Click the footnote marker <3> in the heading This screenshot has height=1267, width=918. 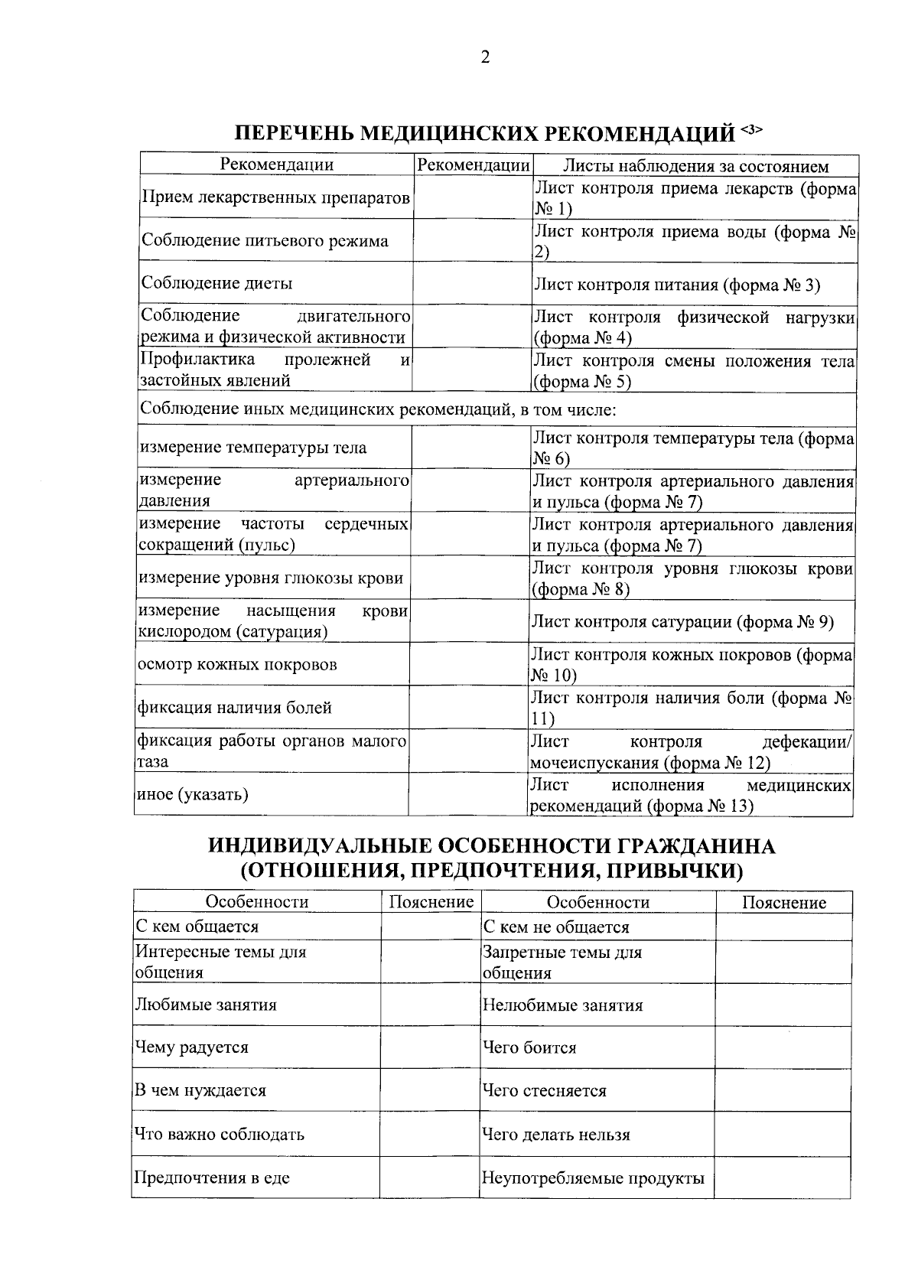[x=752, y=130]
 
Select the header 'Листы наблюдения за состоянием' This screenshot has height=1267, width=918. [x=695, y=166]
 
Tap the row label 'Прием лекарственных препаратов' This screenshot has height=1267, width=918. [x=276, y=198]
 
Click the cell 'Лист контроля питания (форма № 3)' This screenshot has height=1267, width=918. [x=676, y=285]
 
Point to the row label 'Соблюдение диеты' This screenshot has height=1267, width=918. [x=216, y=284]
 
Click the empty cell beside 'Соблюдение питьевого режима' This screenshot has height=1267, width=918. [x=473, y=241]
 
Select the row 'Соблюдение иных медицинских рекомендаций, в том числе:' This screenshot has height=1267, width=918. [x=379, y=409]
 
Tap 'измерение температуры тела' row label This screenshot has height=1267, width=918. [x=252, y=448]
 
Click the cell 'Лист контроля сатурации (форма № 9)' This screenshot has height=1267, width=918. [x=682, y=621]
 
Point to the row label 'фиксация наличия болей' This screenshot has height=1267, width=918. [x=234, y=708]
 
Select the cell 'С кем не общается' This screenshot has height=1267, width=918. [x=556, y=927]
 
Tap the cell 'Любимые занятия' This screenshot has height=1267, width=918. [x=206, y=1005]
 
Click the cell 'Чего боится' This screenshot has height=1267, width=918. [x=529, y=1047]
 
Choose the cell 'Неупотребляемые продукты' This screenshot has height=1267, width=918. [x=593, y=1177]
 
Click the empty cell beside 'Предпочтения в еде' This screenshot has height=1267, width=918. [x=429, y=1177]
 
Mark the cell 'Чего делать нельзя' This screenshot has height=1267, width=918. [x=556, y=1135]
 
